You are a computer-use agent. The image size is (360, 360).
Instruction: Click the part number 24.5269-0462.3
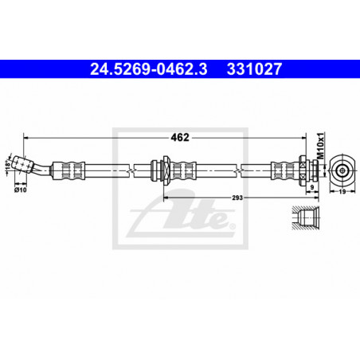point(149,69)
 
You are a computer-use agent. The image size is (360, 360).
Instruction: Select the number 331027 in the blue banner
point(254,69)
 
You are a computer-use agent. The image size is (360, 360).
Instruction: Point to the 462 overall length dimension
point(180,137)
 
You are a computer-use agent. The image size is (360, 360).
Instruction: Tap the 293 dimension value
point(237,198)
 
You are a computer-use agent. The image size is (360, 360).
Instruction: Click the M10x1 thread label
point(321,146)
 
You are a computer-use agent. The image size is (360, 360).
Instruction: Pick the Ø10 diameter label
point(21,190)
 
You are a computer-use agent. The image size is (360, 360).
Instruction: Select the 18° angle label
point(8,165)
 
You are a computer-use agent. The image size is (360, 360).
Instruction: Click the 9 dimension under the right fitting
point(312,187)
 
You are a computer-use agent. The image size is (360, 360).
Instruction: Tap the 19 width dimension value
point(342,191)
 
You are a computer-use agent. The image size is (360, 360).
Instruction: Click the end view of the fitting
point(342,170)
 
